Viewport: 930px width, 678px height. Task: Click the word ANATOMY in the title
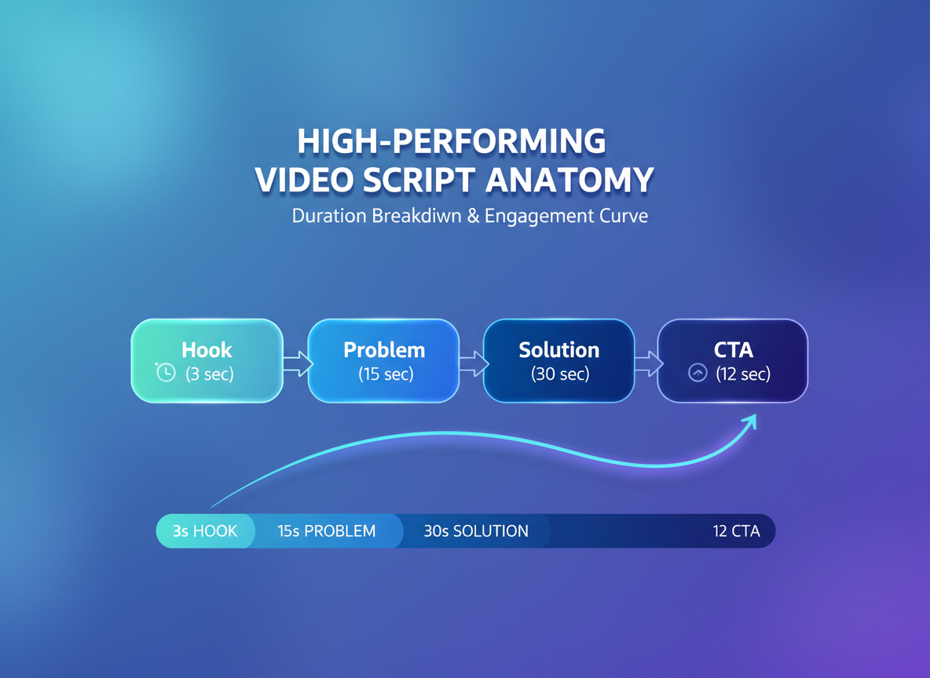click(569, 180)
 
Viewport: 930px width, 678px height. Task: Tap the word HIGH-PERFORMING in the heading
click(452, 141)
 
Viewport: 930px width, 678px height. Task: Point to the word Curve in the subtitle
click(621, 216)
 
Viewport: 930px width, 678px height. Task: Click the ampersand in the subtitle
click(473, 216)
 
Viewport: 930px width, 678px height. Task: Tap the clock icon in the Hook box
click(166, 373)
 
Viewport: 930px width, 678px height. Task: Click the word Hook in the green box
click(207, 350)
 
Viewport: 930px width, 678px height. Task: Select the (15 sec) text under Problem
click(386, 374)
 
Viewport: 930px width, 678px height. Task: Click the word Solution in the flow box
click(558, 350)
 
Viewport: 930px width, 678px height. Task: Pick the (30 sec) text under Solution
click(559, 374)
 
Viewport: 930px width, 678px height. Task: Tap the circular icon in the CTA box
click(697, 374)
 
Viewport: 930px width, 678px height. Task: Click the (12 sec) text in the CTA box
click(743, 374)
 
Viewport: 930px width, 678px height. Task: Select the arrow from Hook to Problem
click(297, 363)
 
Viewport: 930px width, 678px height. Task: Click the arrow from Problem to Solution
click(473, 363)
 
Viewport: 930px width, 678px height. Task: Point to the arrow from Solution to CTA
click(648, 363)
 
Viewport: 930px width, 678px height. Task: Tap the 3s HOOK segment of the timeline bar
click(205, 531)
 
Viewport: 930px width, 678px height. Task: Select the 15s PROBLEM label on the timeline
click(327, 531)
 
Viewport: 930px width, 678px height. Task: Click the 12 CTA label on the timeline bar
click(736, 531)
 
